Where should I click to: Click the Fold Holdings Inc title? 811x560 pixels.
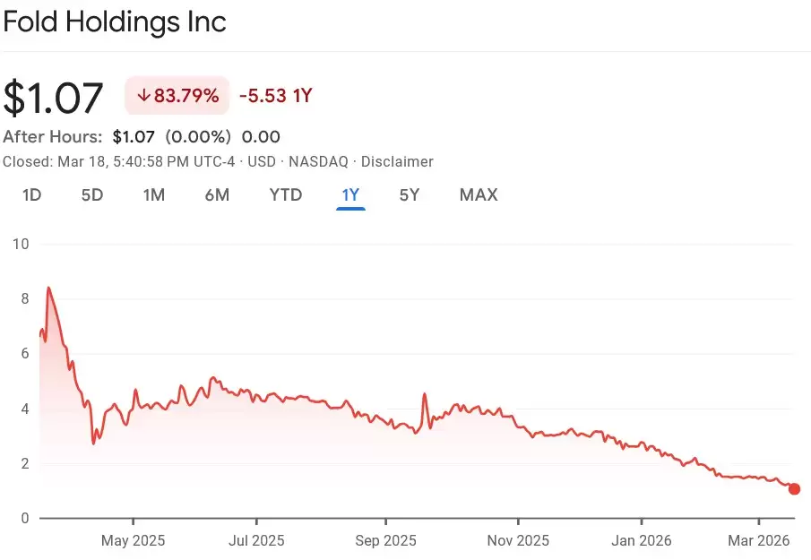[x=115, y=22]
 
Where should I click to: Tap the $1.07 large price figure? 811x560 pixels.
[x=54, y=98]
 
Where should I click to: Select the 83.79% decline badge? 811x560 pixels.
[x=177, y=96]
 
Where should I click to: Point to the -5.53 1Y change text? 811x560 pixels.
[x=275, y=96]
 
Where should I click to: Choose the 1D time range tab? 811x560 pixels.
[x=31, y=194]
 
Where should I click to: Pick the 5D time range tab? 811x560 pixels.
[x=92, y=194]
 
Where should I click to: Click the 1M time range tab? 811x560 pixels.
[x=154, y=194]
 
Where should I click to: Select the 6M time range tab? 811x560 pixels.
[x=217, y=194]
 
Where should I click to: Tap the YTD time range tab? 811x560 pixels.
[x=286, y=194]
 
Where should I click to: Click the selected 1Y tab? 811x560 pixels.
[x=350, y=194]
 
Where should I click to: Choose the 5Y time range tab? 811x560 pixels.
[x=409, y=194]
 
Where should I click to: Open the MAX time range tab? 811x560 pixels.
[x=479, y=194]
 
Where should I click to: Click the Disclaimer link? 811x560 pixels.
[x=396, y=162]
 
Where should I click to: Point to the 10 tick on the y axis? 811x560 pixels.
[x=21, y=244]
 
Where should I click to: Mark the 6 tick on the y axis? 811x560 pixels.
[x=24, y=354]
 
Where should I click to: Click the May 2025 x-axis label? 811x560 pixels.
[x=133, y=541]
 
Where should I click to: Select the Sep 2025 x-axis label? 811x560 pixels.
[x=386, y=541]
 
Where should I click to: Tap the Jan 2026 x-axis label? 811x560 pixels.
[x=642, y=541]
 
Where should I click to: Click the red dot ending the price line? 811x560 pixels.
[x=794, y=489]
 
